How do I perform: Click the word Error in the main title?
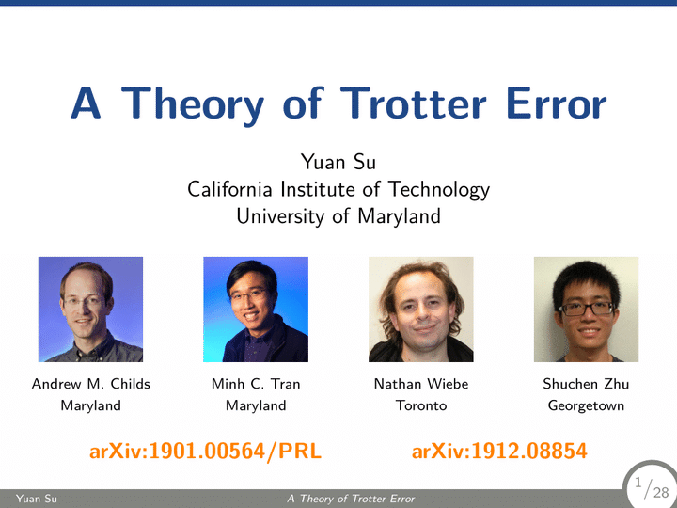556,103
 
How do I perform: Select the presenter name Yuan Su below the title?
338,162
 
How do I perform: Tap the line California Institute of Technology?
338,189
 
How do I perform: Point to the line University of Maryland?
338,216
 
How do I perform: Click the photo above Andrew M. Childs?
90,310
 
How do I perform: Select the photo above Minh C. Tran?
256,310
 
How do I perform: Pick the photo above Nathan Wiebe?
421,310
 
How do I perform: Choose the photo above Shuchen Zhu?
586,310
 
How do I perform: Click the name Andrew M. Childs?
90,384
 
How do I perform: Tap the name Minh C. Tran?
256,384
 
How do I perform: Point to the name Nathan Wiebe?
421,384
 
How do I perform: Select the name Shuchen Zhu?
586,384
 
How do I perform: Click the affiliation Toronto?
421,405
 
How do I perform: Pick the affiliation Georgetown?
586,405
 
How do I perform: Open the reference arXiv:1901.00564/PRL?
206,452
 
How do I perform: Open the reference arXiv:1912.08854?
499,452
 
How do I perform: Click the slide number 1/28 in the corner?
652,488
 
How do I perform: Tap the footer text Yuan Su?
37,499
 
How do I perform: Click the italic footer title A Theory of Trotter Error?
351,499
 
